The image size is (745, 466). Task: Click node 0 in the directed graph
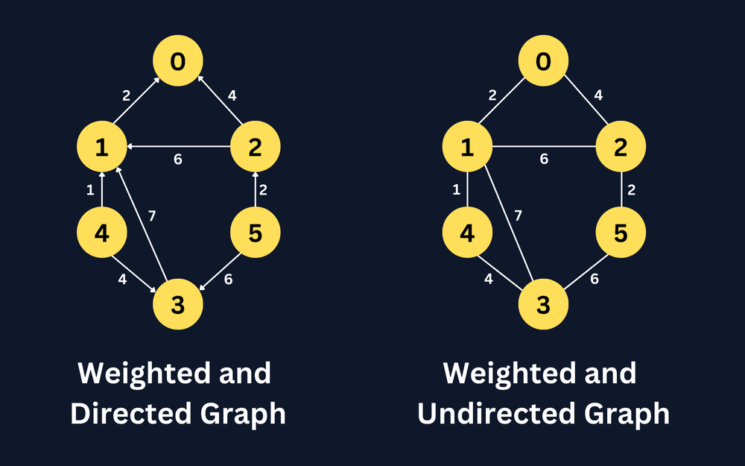tap(177, 62)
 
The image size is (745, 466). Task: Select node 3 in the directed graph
tap(177, 306)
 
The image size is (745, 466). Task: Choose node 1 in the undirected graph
tap(468, 148)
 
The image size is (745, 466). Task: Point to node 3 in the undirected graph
tap(543, 306)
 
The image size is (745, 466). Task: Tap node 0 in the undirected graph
tap(543, 62)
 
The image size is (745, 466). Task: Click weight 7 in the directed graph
tap(152, 216)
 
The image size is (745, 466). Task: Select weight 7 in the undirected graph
tap(517, 216)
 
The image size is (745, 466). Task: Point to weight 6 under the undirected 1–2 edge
tap(544, 160)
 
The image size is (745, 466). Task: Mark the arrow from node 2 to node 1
tap(179, 147)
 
